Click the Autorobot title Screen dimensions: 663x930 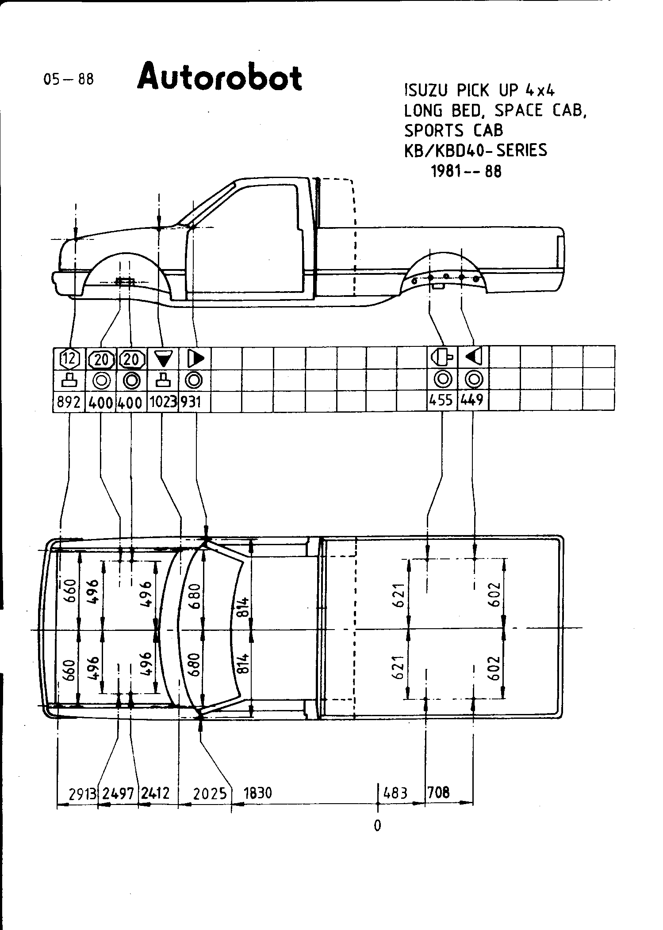[x=220, y=77]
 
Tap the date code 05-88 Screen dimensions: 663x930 [x=69, y=79]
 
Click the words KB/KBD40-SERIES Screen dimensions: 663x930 [x=475, y=150]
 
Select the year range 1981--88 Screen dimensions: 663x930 [x=466, y=171]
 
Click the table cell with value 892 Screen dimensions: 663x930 [x=69, y=402]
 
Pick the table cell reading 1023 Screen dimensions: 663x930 [x=163, y=402]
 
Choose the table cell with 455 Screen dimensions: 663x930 [x=441, y=400]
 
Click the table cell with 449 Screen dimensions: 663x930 [x=472, y=400]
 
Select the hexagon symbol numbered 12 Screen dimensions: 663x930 [x=69, y=359]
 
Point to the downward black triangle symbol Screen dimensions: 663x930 [x=163, y=359]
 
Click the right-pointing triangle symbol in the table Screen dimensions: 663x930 [x=195, y=358]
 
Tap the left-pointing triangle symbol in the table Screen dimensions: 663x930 [x=473, y=356]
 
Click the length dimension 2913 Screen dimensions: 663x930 [x=83, y=794]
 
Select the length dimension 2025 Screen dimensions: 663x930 [x=210, y=794]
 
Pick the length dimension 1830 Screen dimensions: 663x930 [x=258, y=793]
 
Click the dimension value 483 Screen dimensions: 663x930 [x=395, y=793]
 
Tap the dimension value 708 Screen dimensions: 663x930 [x=439, y=792]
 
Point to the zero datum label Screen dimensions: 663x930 [x=377, y=825]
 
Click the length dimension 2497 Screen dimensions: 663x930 [x=118, y=794]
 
